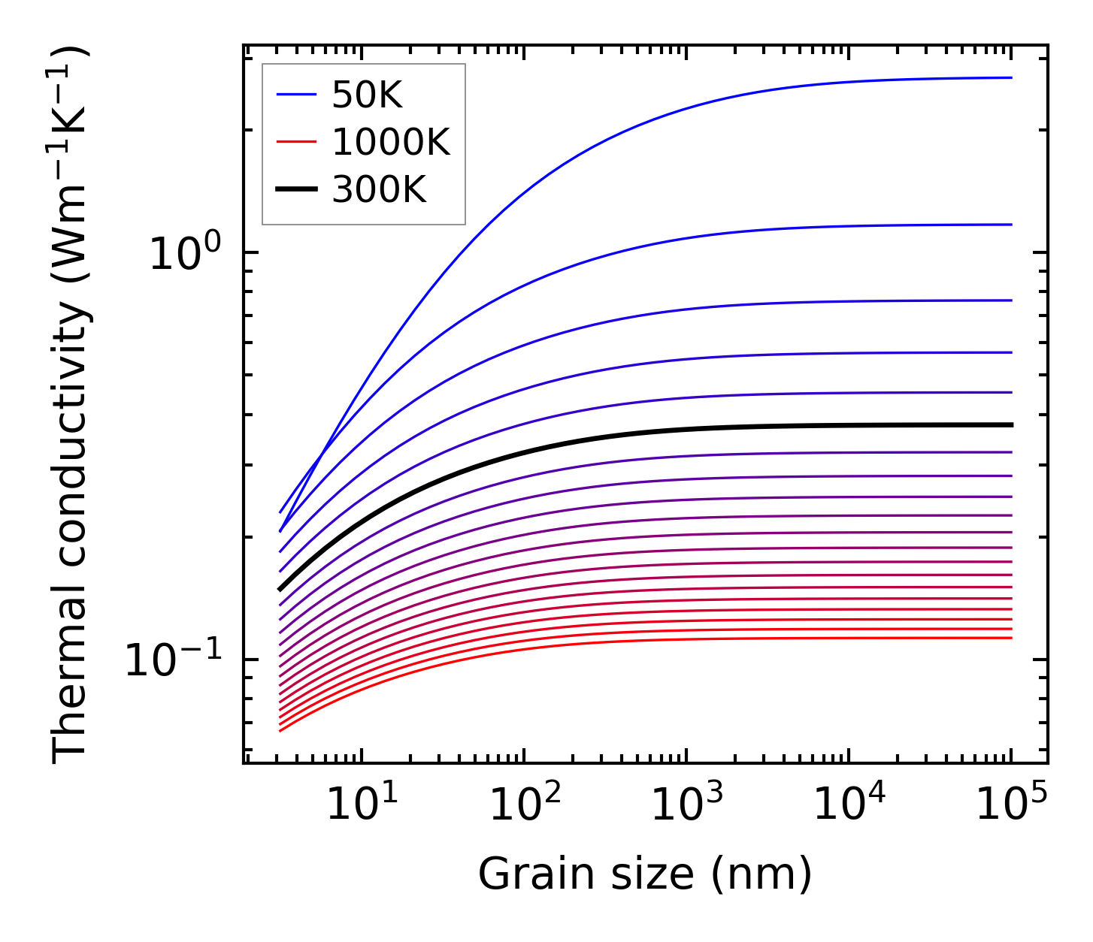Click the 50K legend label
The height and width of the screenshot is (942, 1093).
point(368,95)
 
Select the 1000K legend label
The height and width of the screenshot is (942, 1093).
point(391,142)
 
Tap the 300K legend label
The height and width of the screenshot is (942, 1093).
point(379,189)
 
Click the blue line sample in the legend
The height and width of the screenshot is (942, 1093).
point(296,95)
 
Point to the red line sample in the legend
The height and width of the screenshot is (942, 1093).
point(296,142)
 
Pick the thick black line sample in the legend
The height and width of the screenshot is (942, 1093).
point(296,189)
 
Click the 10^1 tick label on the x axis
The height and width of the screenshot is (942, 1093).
point(363,805)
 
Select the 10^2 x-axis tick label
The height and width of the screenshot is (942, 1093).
point(525,805)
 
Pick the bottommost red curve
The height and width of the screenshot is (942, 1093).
point(677,639)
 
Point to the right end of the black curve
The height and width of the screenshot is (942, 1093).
point(1012,425)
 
